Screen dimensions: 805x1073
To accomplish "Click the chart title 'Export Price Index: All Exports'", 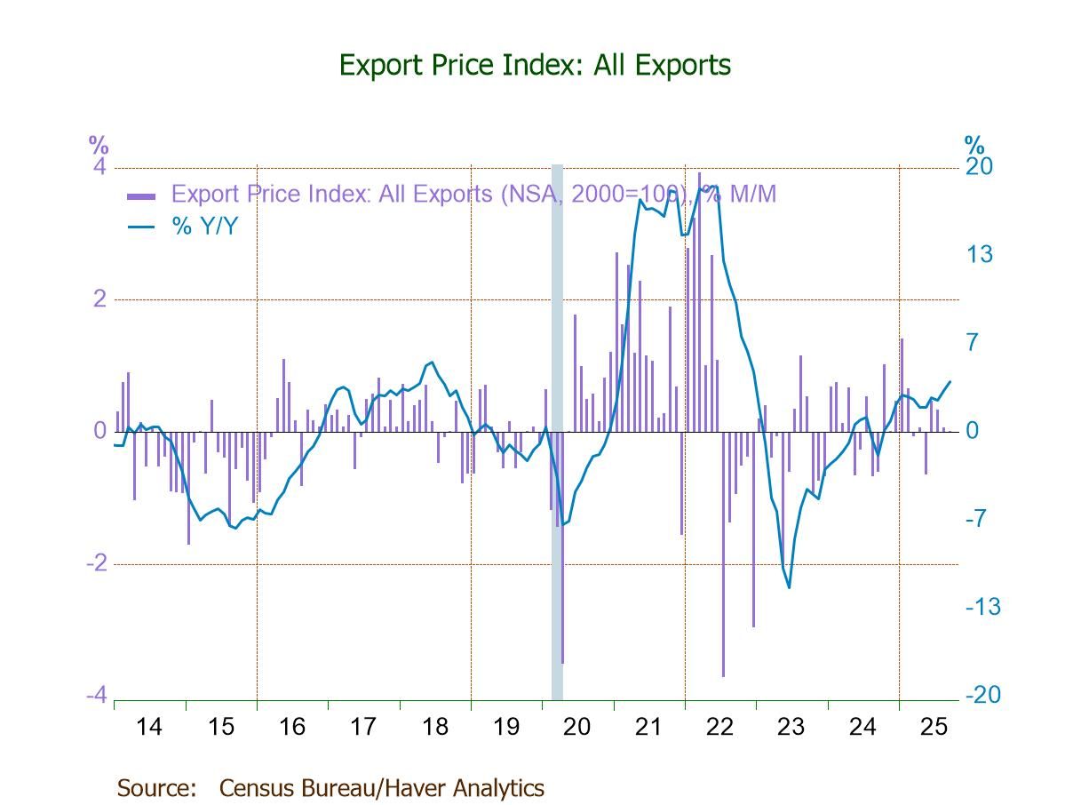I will [x=535, y=65].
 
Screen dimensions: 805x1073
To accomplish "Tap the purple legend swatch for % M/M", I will [x=142, y=195].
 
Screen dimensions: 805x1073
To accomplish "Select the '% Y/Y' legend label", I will [x=204, y=227].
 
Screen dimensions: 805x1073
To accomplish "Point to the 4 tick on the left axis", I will [x=99, y=168].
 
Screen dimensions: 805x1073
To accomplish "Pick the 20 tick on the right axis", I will [x=979, y=168].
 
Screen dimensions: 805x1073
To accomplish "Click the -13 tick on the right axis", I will [x=982, y=607].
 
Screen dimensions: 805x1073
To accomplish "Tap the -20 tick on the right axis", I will [x=982, y=695].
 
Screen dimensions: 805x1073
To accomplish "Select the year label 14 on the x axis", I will [x=149, y=727].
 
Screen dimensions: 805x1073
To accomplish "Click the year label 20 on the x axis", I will [x=577, y=727].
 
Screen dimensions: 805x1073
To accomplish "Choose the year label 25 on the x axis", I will [x=934, y=727].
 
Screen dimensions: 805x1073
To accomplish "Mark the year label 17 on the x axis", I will [x=363, y=727].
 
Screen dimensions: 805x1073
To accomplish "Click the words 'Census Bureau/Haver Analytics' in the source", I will [x=381, y=787].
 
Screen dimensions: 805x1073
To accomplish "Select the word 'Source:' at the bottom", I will [x=156, y=787].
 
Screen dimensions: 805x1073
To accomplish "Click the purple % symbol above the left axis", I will [x=98, y=144].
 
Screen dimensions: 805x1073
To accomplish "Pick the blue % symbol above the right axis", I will [x=974, y=144].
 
